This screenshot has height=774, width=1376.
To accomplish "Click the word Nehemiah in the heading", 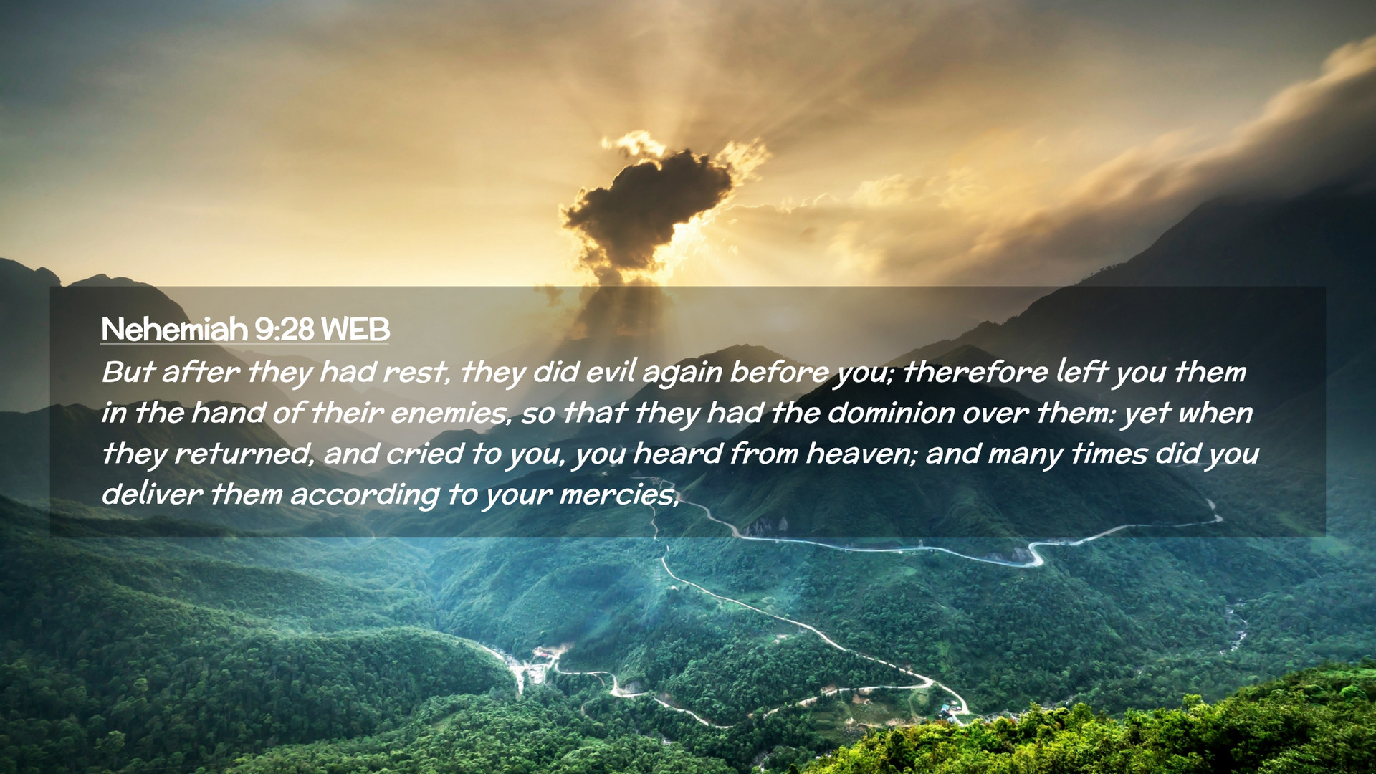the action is click(174, 330).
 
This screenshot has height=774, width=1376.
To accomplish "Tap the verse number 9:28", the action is click(285, 330).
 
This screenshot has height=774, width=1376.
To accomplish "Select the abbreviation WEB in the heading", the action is click(355, 330).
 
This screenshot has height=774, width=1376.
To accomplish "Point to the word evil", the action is click(610, 372).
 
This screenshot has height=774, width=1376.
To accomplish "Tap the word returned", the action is click(244, 454).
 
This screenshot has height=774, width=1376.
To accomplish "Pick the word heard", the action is click(677, 454).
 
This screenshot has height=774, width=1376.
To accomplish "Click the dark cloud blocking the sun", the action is click(645, 204).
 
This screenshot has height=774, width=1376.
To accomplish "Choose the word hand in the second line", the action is click(219, 414).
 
